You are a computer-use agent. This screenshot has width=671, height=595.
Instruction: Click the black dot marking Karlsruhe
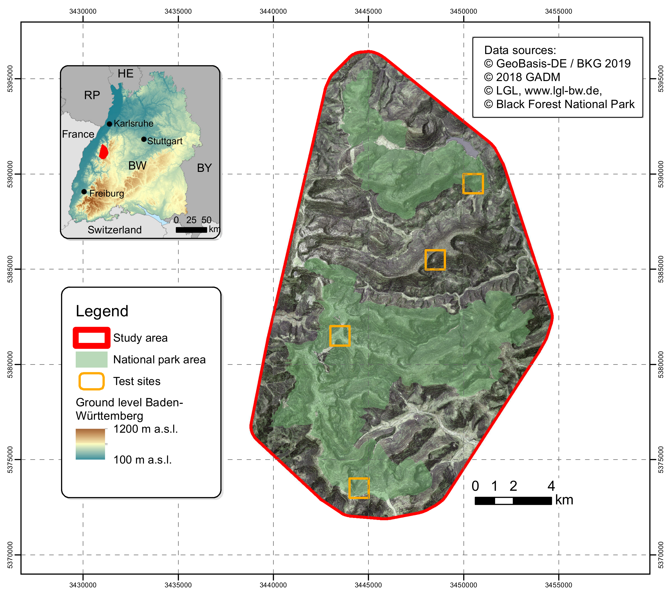click(x=109, y=124)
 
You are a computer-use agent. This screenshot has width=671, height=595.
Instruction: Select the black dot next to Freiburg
click(x=84, y=192)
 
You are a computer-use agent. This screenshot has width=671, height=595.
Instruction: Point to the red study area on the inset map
click(x=104, y=152)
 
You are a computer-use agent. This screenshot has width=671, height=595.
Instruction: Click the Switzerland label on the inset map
click(x=115, y=230)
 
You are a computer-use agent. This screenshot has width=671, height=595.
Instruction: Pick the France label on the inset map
click(x=78, y=134)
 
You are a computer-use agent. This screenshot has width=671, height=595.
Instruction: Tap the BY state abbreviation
click(x=204, y=168)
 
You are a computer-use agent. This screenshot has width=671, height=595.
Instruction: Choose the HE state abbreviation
click(x=125, y=74)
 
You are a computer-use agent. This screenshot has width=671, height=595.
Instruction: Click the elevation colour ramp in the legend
click(x=90, y=444)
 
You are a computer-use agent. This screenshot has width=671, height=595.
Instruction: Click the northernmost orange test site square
click(x=473, y=184)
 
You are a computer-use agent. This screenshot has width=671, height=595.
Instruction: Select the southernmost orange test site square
click(x=359, y=488)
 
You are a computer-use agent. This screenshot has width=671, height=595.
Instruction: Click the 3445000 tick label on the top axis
click(x=368, y=11)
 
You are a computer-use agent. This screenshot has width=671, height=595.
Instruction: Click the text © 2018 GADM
click(x=522, y=77)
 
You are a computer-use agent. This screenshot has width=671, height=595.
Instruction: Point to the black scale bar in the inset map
click(x=191, y=230)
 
